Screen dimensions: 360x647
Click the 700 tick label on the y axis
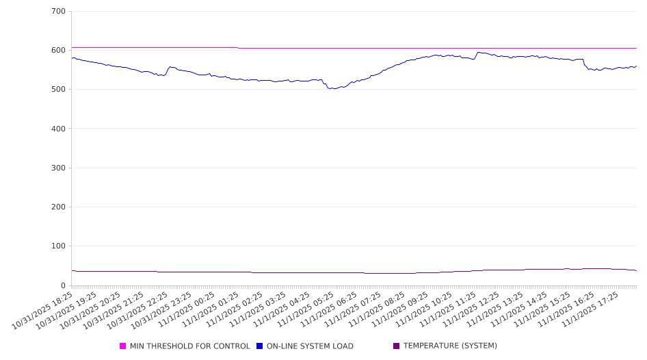tap(58, 12)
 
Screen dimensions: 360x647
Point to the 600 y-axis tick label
tap(58, 51)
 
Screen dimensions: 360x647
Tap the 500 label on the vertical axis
tap(58, 90)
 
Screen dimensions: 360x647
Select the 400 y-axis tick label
tap(58, 129)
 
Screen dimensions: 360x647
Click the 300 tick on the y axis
tap(58, 168)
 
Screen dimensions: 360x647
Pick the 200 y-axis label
tap(58, 207)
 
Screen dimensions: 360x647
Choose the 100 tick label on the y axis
tap(58, 246)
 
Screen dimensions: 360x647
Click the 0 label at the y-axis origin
tap(63, 285)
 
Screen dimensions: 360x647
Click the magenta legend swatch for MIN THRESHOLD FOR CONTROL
tap(123, 346)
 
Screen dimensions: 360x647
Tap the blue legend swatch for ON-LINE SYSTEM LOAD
tap(260, 346)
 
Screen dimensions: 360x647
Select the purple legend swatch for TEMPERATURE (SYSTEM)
tap(397, 346)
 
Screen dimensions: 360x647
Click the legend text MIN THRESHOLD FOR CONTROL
tap(189, 346)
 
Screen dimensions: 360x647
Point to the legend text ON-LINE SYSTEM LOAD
tap(310, 346)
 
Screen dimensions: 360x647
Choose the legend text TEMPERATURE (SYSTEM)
tap(450, 346)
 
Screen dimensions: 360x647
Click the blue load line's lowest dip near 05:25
tap(333, 88)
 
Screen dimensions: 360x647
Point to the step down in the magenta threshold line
tap(238, 48)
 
